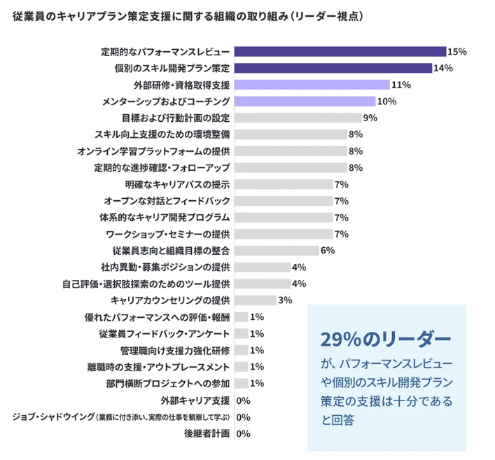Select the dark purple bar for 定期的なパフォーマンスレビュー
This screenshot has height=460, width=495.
(340, 51)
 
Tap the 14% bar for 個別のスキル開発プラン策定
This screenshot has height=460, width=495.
(333, 68)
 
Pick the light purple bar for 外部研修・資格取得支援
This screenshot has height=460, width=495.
(312, 85)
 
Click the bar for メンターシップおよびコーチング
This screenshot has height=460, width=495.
(305, 102)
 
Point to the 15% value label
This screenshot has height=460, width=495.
(457, 51)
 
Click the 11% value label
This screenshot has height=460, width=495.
(401, 85)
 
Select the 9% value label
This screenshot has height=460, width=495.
(370, 118)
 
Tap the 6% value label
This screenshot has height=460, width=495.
(328, 251)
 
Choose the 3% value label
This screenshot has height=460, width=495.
(285, 300)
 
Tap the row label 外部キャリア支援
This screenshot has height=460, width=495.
(195, 400)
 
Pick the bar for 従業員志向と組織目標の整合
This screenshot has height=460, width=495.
(277, 251)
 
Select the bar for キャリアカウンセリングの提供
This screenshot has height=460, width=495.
(255, 300)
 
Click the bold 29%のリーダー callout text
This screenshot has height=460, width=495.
(386, 339)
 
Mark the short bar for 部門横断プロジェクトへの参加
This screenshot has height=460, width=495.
(241, 383)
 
